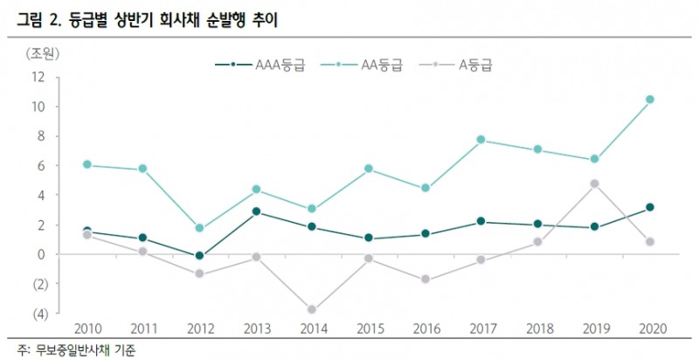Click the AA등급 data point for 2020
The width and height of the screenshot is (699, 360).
pyautogui.click(x=649, y=100)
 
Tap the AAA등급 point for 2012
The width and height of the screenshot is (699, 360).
pyautogui.click(x=199, y=256)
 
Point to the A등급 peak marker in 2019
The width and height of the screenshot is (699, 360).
pyautogui.click(x=594, y=183)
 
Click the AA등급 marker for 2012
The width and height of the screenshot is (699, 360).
pyautogui.click(x=199, y=228)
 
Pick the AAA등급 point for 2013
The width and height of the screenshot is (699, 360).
pyautogui.click(x=256, y=211)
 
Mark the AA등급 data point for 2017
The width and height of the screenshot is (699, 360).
pyautogui.click(x=481, y=140)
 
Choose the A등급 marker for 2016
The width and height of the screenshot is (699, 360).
pyautogui.click(x=426, y=280)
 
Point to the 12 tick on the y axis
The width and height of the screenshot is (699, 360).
pyautogui.click(x=38, y=77)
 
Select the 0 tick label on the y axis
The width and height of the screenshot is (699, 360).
pyautogui.click(x=41, y=254)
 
